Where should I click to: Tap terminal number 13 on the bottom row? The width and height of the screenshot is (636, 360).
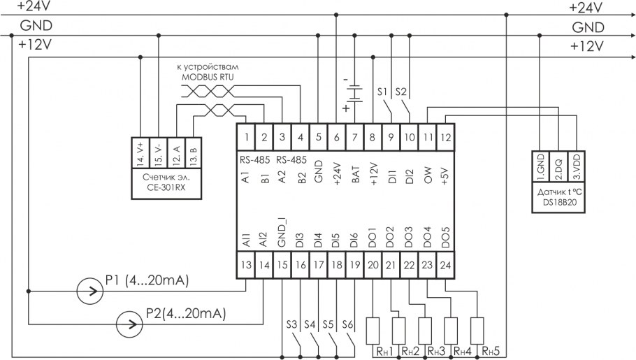[x=245, y=266]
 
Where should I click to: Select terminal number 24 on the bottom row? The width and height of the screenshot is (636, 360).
[x=445, y=266]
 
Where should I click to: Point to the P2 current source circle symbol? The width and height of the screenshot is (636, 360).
[x=127, y=322]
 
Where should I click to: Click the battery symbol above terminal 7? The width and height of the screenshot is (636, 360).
[x=354, y=93]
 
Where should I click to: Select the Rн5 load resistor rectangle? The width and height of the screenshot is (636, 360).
[x=477, y=331]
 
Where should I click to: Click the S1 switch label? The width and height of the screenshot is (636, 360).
[x=382, y=92]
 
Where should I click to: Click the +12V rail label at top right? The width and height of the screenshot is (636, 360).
[x=586, y=47]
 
